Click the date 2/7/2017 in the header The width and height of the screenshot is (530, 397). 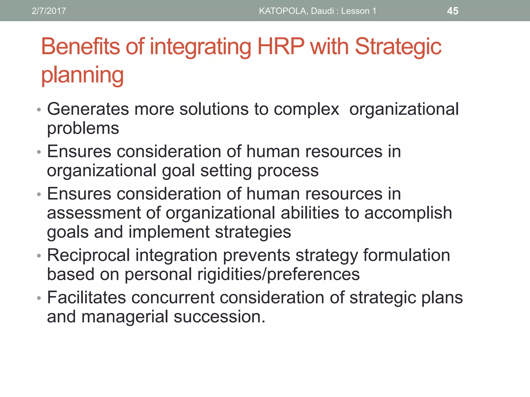coord(49,11)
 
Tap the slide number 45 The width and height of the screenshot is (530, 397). coord(453,11)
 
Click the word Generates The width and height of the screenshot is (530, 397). coord(88,109)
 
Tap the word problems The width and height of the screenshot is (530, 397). coord(83,128)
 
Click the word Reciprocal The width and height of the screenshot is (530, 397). coord(88,255)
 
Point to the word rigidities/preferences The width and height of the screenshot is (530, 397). coord(278,274)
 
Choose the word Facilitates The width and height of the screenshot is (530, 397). coord(86,297)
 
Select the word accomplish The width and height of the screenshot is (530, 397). coord(408,213)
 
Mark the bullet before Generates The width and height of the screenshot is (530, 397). coord(39,110)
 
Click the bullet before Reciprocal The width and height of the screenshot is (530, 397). coord(39,256)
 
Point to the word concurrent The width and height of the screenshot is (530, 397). coord(173,298)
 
